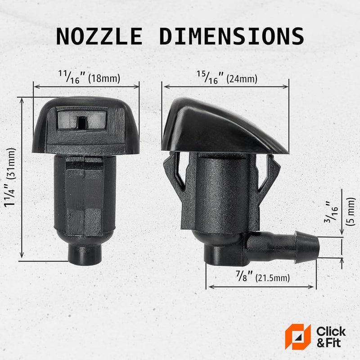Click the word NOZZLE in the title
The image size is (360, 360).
tap(99, 36)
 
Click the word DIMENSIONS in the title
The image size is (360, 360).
tap(232, 36)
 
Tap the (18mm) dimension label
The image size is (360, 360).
tap(104, 78)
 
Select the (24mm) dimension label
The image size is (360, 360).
tap(242, 79)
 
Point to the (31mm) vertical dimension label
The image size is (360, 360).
tap(11, 163)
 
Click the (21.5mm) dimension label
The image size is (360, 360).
tap(273, 278)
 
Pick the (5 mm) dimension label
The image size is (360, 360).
tap(351, 211)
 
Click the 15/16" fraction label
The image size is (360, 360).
tap(210, 77)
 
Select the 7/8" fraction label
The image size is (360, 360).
tap(244, 276)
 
